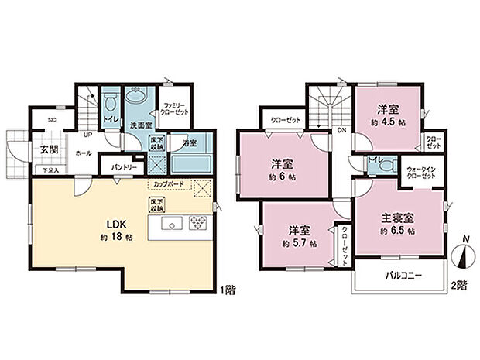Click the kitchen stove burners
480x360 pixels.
pyautogui.click(x=197, y=224)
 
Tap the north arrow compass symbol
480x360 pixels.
pyautogui.click(x=461, y=255)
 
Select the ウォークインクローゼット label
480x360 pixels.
pyautogui.click(x=421, y=171)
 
